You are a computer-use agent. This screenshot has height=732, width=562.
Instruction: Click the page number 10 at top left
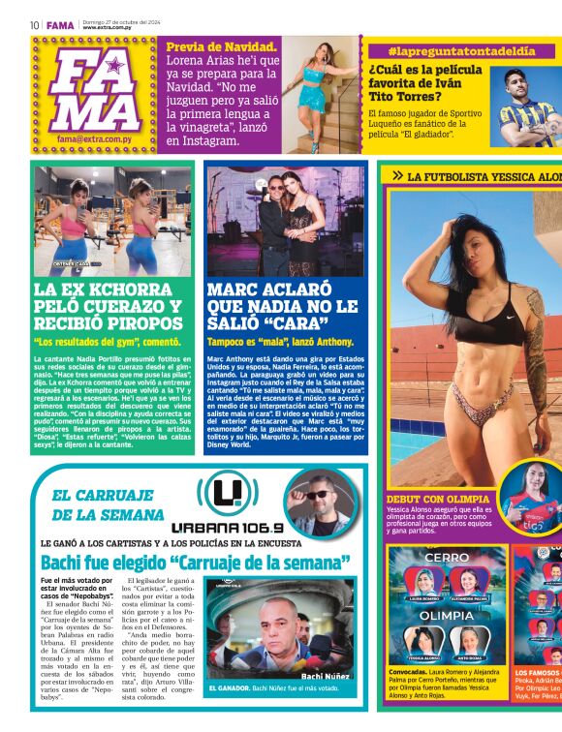34,25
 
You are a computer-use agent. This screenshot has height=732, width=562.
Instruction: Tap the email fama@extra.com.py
97,138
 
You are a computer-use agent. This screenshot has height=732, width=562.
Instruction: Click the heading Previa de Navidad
222,46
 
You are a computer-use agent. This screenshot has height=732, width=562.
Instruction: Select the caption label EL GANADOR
229,688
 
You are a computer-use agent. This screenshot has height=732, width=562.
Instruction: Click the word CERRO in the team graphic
447,558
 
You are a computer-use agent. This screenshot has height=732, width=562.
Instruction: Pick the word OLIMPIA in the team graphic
447,614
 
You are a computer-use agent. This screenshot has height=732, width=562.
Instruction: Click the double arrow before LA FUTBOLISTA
396,176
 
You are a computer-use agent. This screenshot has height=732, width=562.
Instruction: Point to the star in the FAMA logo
114,67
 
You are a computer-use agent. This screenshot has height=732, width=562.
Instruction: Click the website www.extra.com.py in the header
109,28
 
